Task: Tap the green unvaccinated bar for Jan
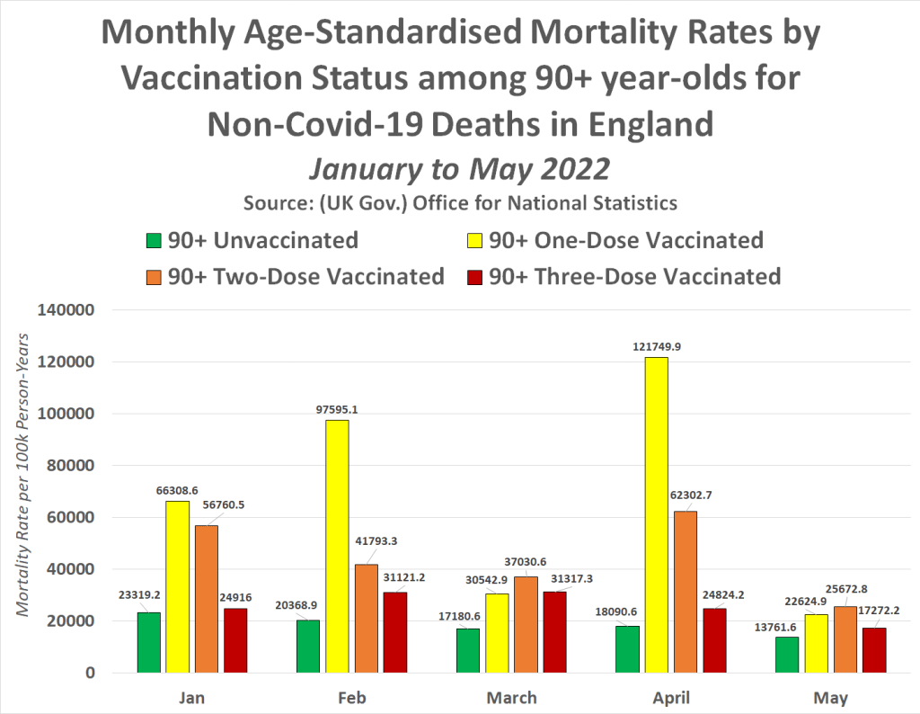click(x=149, y=642)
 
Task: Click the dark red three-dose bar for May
click(x=874, y=649)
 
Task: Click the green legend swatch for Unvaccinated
click(x=154, y=241)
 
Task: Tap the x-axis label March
click(x=513, y=698)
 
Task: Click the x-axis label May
click(x=831, y=698)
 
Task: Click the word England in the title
click(x=636, y=123)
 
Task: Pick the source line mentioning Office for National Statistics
click(x=460, y=202)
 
